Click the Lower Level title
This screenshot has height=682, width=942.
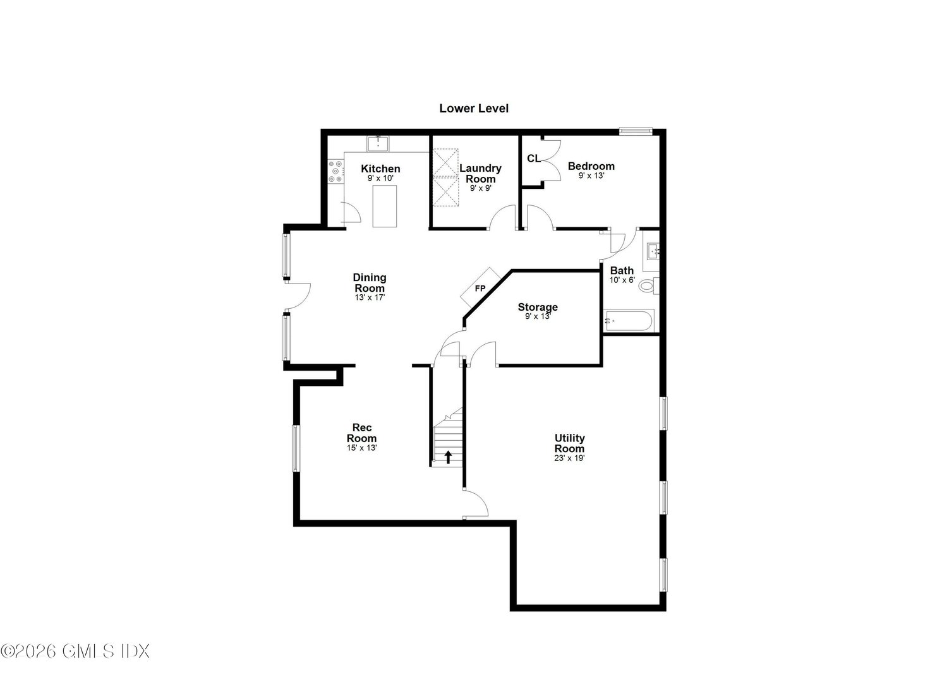(474, 109)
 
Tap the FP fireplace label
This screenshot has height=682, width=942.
(480, 289)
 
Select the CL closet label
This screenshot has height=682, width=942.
(534, 159)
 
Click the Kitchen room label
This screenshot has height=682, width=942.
(380, 169)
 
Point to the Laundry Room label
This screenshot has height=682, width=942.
(480, 173)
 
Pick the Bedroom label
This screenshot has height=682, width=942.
(591, 166)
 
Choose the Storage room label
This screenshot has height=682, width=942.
(538, 307)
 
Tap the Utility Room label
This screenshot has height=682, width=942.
(569, 443)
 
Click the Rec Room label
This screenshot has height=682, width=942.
(361, 433)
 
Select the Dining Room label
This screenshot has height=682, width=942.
(370, 282)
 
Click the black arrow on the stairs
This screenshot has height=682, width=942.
(449, 456)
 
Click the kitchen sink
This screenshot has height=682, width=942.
(378, 143)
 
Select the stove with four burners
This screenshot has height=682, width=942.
(335, 172)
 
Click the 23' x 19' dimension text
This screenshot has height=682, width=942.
(569, 458)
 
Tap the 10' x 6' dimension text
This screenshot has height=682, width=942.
(622, 280)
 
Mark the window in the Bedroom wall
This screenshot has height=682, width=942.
(635, 131)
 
